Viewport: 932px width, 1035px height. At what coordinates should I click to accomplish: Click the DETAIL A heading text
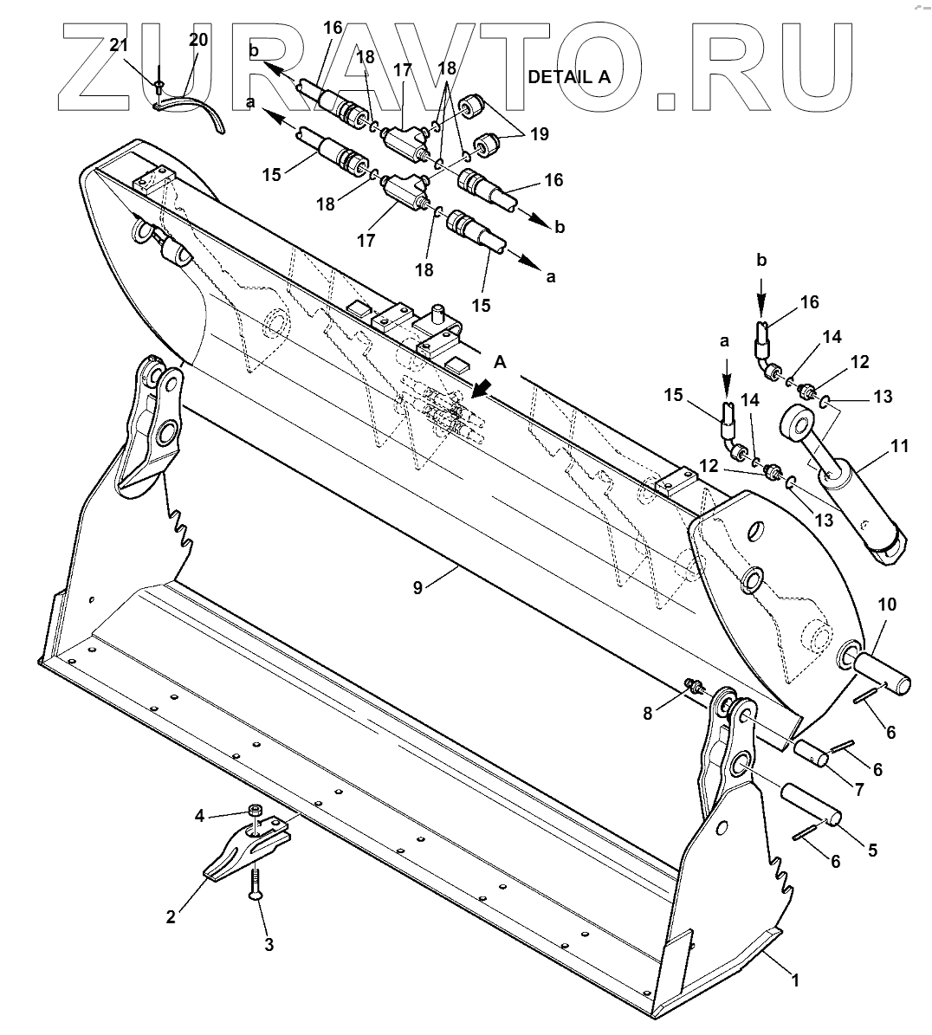[x=569, y=75]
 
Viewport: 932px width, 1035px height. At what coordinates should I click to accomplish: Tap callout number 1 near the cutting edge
[x=795, y=980]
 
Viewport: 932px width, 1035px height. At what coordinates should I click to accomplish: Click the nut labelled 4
[x=255, y=812]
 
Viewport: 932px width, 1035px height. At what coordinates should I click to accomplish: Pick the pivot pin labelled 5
[x=812, y=803]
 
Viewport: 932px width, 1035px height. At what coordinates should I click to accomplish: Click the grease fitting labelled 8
[x=693, y=688]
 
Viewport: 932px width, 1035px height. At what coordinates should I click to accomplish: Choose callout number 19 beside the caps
[x=540, y=134]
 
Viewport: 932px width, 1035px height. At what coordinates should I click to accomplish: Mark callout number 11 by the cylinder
[x=899, y=446]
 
